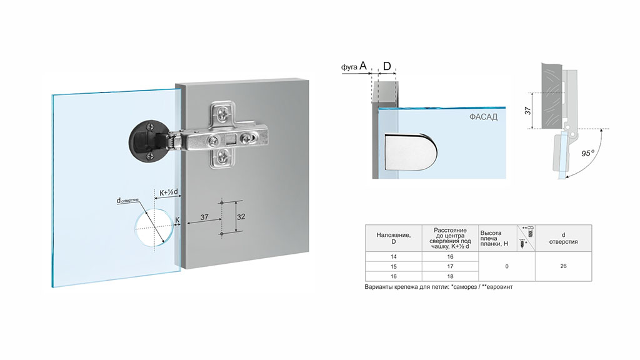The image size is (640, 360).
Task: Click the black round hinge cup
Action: [147, 139]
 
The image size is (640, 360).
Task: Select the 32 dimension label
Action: [241, 217]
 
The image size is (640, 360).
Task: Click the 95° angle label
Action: [587, 154]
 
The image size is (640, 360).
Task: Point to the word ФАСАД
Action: [483, 117]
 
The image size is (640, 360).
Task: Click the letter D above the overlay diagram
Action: [387, 66]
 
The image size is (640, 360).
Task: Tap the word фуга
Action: [349, 67]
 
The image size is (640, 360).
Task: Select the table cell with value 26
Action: [563, 266]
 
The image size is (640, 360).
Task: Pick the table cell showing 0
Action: [506, 266]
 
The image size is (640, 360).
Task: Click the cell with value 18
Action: [450, 276]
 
